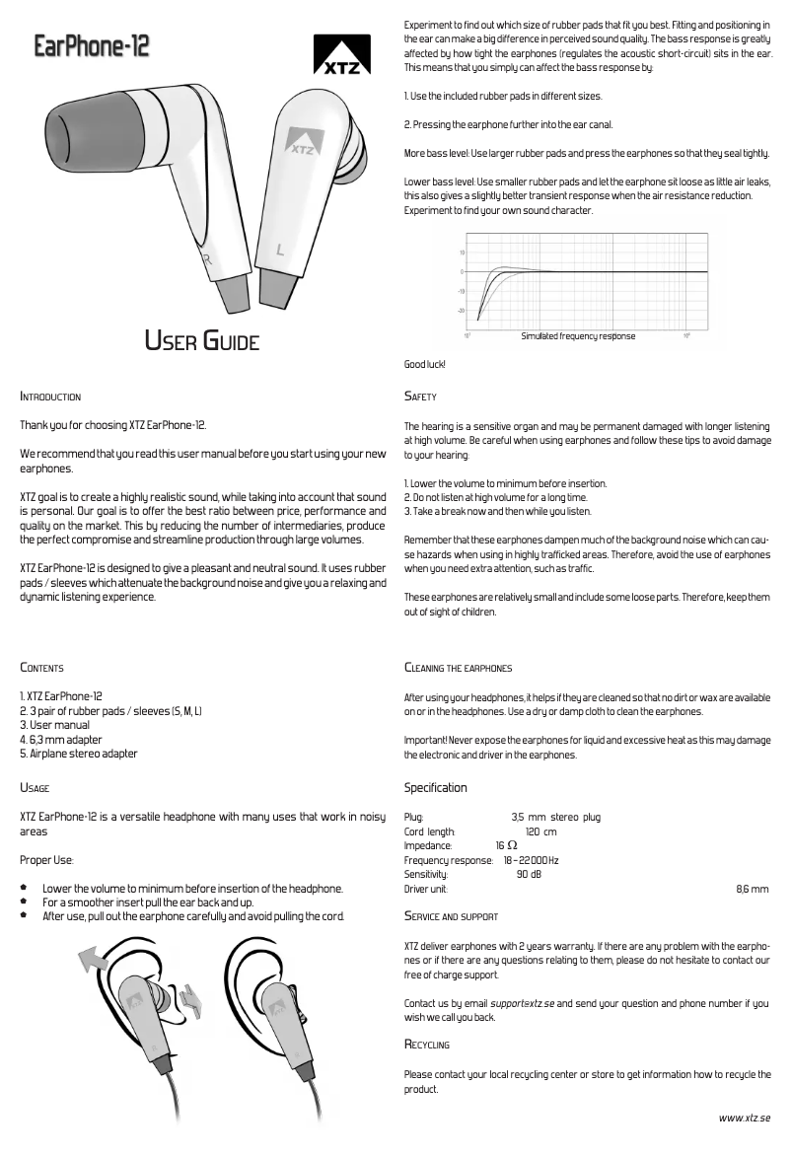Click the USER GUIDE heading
tap(202, 342)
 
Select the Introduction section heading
tap(51, 397)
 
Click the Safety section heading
tap(420, 397)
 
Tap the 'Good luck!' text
tap(425, 365)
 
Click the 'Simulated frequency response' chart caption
tap(578, 336)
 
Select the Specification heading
tap(436, 788)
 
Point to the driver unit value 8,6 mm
tap(753, 889)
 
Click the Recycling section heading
tap(427, 1045)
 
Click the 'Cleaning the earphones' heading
tap(458, 668)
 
